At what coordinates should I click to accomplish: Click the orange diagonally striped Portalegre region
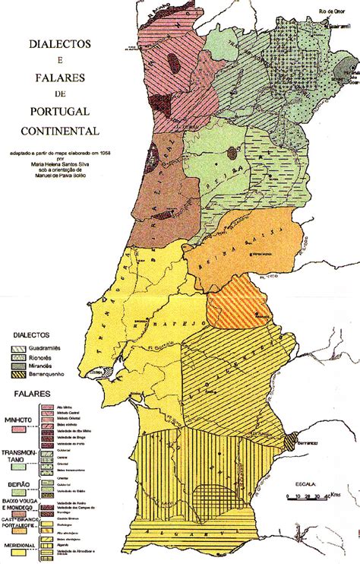(235, 302)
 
